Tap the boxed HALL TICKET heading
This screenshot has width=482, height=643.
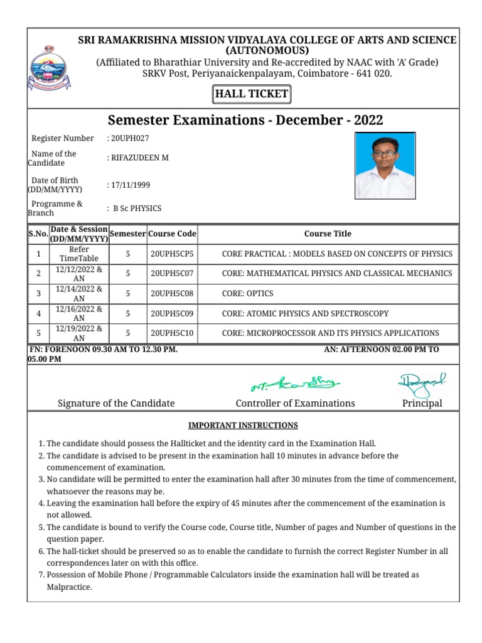point(252,95)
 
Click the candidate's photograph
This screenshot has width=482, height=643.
point(385,165)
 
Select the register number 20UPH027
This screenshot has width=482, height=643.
point(129,138)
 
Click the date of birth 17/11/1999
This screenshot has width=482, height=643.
point(130,185)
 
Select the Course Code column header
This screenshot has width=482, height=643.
point(172,234)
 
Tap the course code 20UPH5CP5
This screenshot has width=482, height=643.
point(172,254)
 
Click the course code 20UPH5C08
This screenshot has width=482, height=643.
point(172,293)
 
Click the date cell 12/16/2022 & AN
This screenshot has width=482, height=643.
point(79,313)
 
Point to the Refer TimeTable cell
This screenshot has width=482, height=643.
point(79,254)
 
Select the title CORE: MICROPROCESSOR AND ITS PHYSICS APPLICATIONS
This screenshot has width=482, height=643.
point(330,333)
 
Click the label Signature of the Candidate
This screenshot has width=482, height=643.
point(116,403)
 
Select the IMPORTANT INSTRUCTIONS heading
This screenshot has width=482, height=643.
point(243,425)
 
